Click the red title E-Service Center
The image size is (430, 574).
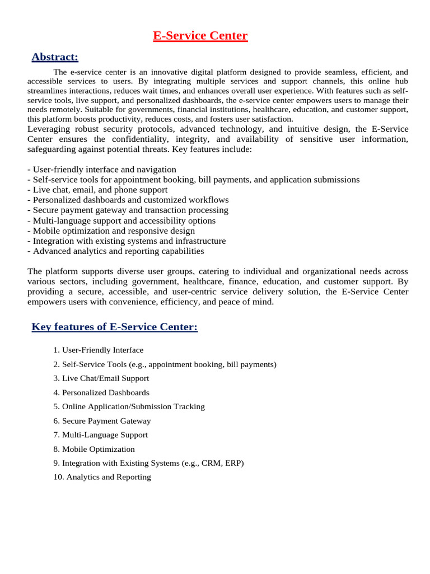pyautogui.click(x=200, y=36)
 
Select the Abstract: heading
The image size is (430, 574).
pyautogui.click(x=55, y=57)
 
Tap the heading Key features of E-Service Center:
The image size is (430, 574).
pyautogui.click(x=114, y=327)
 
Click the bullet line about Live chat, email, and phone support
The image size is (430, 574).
pyautogui.click(x=97, y=189)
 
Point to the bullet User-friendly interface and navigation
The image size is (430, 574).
pyautogui.click(x=102, y=169)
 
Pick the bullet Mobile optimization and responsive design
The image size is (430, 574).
pyautogui.click(x=111, y=230)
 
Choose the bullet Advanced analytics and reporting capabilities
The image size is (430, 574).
pyautogui.click(x=115, y=251)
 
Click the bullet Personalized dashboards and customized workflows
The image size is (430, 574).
pyautogui.click(x=128, y=200)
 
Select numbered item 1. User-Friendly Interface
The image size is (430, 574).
pyautogui.click(x=99, y=350)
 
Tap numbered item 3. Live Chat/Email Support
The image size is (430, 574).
pyautogui.click(x=101, y=378)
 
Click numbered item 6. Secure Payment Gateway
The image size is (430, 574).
pyautogui.click(x=102, y=421)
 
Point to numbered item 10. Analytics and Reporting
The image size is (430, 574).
pyautogui.click(x=102, y=477)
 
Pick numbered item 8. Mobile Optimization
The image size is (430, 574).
pyautogui.click(x=94, y=449)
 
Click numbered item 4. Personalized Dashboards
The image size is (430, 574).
pyautogui.click(x=101, y=392)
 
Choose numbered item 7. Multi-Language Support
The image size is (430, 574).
pyautogui.click(x=101, y=435)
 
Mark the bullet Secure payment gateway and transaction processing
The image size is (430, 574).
pyautogui.click(x=128, y=210)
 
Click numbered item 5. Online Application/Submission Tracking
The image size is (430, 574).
pyautogui.click(x=129, y=406)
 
